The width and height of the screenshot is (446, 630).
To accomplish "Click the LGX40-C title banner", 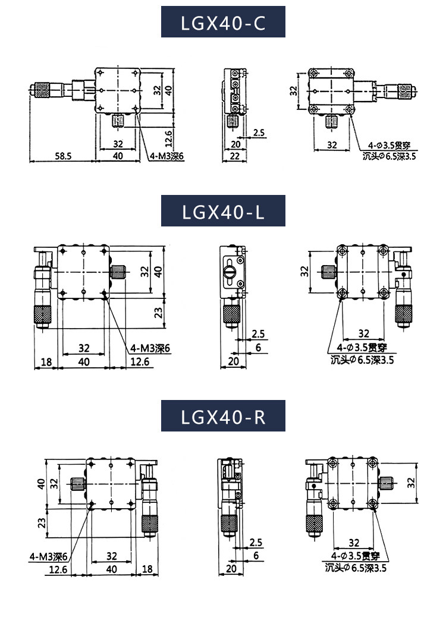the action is coord(223,22).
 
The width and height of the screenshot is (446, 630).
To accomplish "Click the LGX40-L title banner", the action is coord(223,211).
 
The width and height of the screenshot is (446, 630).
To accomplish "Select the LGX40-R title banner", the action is coord(223,416).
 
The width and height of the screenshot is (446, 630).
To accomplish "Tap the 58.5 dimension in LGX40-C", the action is coord(63,156).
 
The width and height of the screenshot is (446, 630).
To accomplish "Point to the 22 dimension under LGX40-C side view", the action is coord(234,156).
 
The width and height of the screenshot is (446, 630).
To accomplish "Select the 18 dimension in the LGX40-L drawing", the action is coord(46,362).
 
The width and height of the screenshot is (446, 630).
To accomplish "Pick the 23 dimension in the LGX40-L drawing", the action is coord(159,313).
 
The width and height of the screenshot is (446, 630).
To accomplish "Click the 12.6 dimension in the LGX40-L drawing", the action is coord(140,362).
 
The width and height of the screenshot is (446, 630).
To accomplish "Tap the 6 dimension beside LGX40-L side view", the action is coord(257,347).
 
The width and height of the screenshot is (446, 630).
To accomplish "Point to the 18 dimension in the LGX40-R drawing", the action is coord(147,569).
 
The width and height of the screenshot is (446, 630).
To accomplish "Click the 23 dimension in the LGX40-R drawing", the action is coord(42,523).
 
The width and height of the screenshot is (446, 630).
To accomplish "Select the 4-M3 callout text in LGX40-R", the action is coord(48,557).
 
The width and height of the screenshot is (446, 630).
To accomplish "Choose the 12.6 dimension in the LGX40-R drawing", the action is coord(58,569).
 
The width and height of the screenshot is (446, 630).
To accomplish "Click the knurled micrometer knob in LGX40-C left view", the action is coord(41,90).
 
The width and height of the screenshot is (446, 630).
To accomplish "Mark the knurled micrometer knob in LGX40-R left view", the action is coord(150,523).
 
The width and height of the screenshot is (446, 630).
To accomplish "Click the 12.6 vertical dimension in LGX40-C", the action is coord(168,138).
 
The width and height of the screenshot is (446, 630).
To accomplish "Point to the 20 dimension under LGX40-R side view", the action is coord(231,569).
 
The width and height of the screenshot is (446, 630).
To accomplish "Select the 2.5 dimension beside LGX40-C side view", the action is coord(259,133).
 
